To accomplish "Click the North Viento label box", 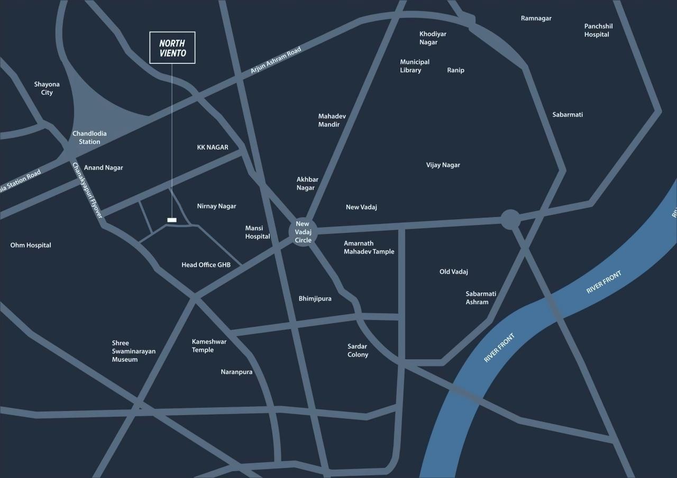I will [x=172, y=48].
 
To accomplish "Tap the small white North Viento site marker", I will [x=172, y=220].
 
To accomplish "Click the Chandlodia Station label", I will [x=89, y=137].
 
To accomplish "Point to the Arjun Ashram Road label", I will [x=276, y=60].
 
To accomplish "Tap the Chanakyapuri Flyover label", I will [x=87, y=190].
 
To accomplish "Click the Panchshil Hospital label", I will [x=598, y=30].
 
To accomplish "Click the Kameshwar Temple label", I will [x=209, y=346].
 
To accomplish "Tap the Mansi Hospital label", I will [x=258, y=232].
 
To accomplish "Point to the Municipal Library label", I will [x=415, y=66].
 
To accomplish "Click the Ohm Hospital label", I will [x=31, y=245].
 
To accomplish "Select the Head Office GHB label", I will [x=206, y=265].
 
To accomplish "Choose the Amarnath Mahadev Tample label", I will [x=369, y=248].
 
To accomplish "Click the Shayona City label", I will [x=47, y=88].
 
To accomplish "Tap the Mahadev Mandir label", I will [x=332, y=120].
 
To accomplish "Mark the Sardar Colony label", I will [x=358, y=351].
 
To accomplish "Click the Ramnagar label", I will [x=536, y=18].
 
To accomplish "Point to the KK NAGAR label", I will [x=213, y=147].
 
